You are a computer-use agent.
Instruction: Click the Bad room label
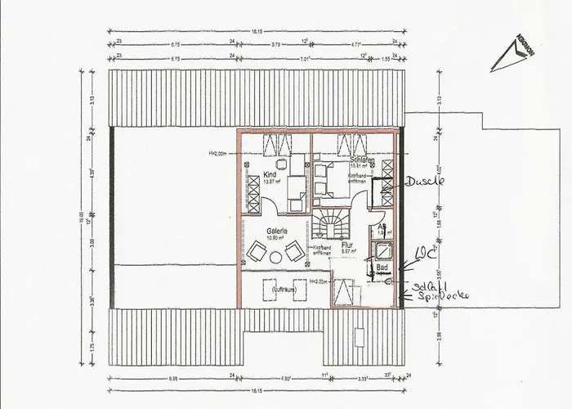point(381,267)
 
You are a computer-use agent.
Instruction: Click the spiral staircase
point(330,226)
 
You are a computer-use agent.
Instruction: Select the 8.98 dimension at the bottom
point(172,379)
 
